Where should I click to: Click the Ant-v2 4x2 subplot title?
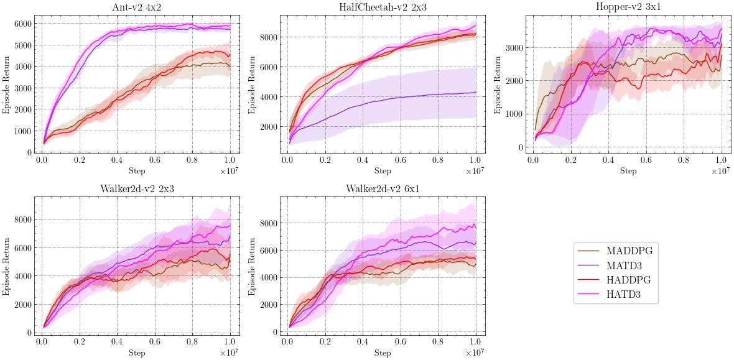137,7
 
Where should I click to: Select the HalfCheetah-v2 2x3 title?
383,7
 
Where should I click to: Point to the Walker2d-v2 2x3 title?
137,189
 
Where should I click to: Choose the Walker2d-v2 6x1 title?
383,189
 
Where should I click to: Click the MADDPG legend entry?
629,251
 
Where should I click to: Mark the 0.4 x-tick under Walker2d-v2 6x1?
363,341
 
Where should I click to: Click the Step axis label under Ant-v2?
137,170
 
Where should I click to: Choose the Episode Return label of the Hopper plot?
498,85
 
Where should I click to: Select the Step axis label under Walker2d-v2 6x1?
383,353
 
